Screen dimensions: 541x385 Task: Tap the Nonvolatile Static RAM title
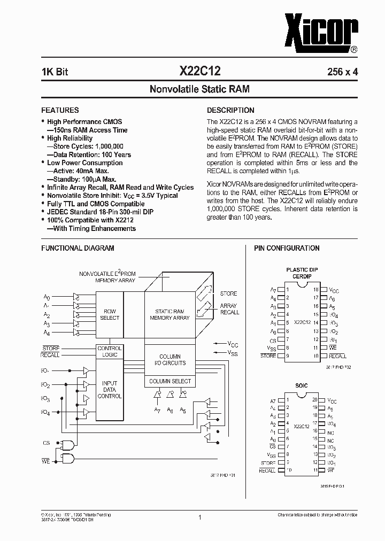tap(199, 89)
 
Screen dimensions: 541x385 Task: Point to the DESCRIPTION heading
tap(230, 110)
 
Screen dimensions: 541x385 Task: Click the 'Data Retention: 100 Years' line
tap(89, 154)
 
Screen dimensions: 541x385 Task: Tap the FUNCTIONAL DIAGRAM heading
tap(78, 248)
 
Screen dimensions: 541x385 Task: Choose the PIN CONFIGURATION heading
tap(286, 248)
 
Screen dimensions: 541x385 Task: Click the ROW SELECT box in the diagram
tap(110, 314)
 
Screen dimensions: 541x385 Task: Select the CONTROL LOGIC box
tap(110, 351)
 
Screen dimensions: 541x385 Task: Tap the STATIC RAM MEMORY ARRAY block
tap(170, 314)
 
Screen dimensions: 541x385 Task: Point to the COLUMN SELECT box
tap(170, 381)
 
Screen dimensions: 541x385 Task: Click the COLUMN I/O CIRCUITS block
tap(170, 360)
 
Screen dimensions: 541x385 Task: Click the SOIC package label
tap(302, 385)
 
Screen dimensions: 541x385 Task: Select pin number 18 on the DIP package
tap(316, 290)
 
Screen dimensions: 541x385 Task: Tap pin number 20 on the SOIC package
tap(315, 400)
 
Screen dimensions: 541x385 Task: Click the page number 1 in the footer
tap(199, 517)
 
